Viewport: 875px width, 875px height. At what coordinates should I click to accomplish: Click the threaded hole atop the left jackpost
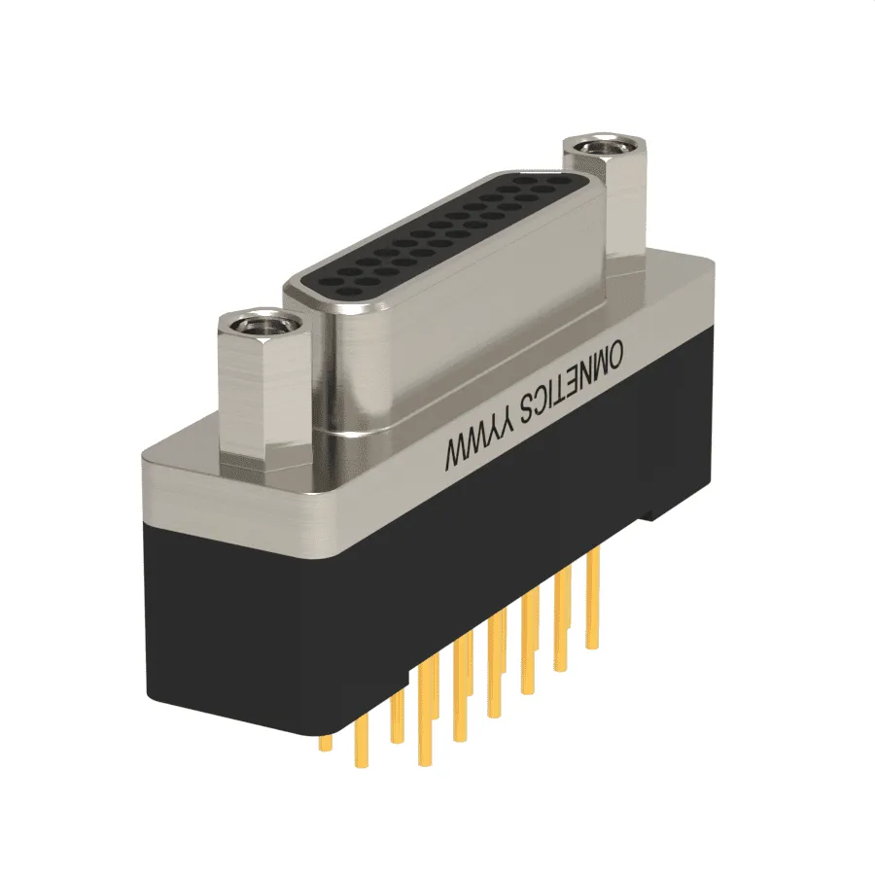[x=259, y=323]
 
